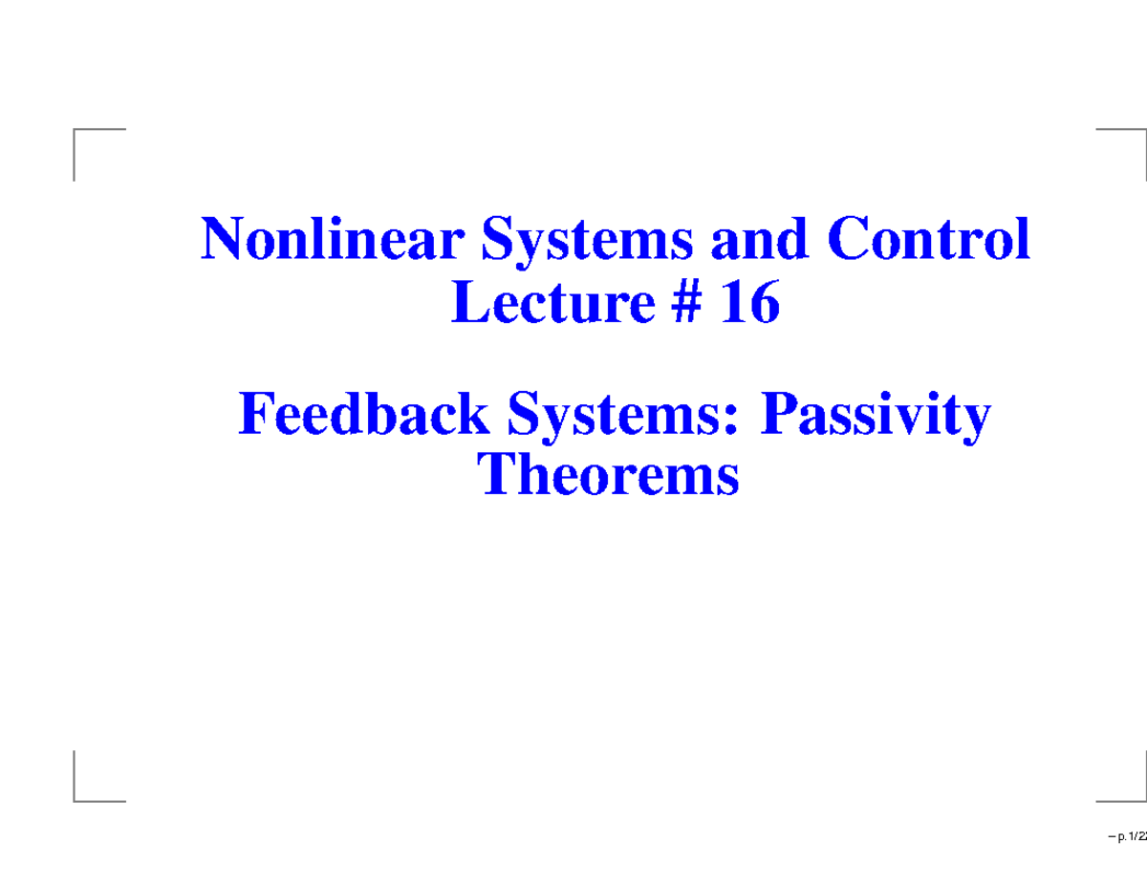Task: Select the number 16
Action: (750, 305)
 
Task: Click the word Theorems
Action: (610, 475)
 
